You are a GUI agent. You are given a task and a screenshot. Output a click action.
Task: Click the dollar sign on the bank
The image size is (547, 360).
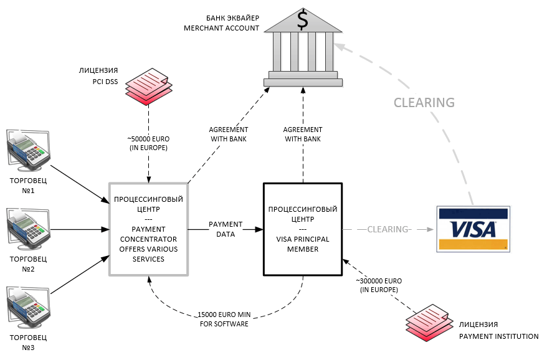(x=303, y=19)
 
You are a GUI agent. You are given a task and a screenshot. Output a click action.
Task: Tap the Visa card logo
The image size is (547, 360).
(x=473, y=229)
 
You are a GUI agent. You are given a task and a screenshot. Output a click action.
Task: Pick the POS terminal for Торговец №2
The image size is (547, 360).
(x=29, y=229)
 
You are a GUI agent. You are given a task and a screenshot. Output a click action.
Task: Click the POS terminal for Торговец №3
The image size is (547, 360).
(x=29, y=307)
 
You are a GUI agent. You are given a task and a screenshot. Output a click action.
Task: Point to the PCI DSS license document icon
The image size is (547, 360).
(x=149, y=87)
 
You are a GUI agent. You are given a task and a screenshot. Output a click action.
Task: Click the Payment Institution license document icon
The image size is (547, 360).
(x=429, y=323)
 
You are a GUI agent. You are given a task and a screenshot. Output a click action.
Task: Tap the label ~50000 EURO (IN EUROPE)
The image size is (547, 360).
(x=149, y=143)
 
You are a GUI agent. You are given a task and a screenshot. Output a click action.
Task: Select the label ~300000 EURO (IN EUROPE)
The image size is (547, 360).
(x=379, y=285)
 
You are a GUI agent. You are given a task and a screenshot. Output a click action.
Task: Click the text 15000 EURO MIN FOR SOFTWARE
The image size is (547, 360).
(x=224, y=319)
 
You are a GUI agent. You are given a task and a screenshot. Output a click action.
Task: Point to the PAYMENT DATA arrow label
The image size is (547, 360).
(x=226, y=229)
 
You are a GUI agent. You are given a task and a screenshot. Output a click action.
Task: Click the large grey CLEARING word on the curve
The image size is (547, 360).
(x=424, y=103)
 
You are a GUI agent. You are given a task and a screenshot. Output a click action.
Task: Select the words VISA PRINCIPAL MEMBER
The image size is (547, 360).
(x=303, y=244)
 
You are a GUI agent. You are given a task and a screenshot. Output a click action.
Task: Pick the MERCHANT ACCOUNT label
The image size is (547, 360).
(x=222, y=28)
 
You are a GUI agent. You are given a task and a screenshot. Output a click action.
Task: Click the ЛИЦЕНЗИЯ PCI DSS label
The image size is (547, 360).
(x=98, y=76)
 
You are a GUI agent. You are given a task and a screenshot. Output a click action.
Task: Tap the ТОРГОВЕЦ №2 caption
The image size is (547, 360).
(x=28, y=264)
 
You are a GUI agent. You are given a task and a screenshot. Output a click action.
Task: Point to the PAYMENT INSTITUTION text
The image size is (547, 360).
(x=499, y=336)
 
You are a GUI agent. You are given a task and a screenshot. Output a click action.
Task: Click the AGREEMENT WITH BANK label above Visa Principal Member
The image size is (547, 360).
(x=303, y=135)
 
